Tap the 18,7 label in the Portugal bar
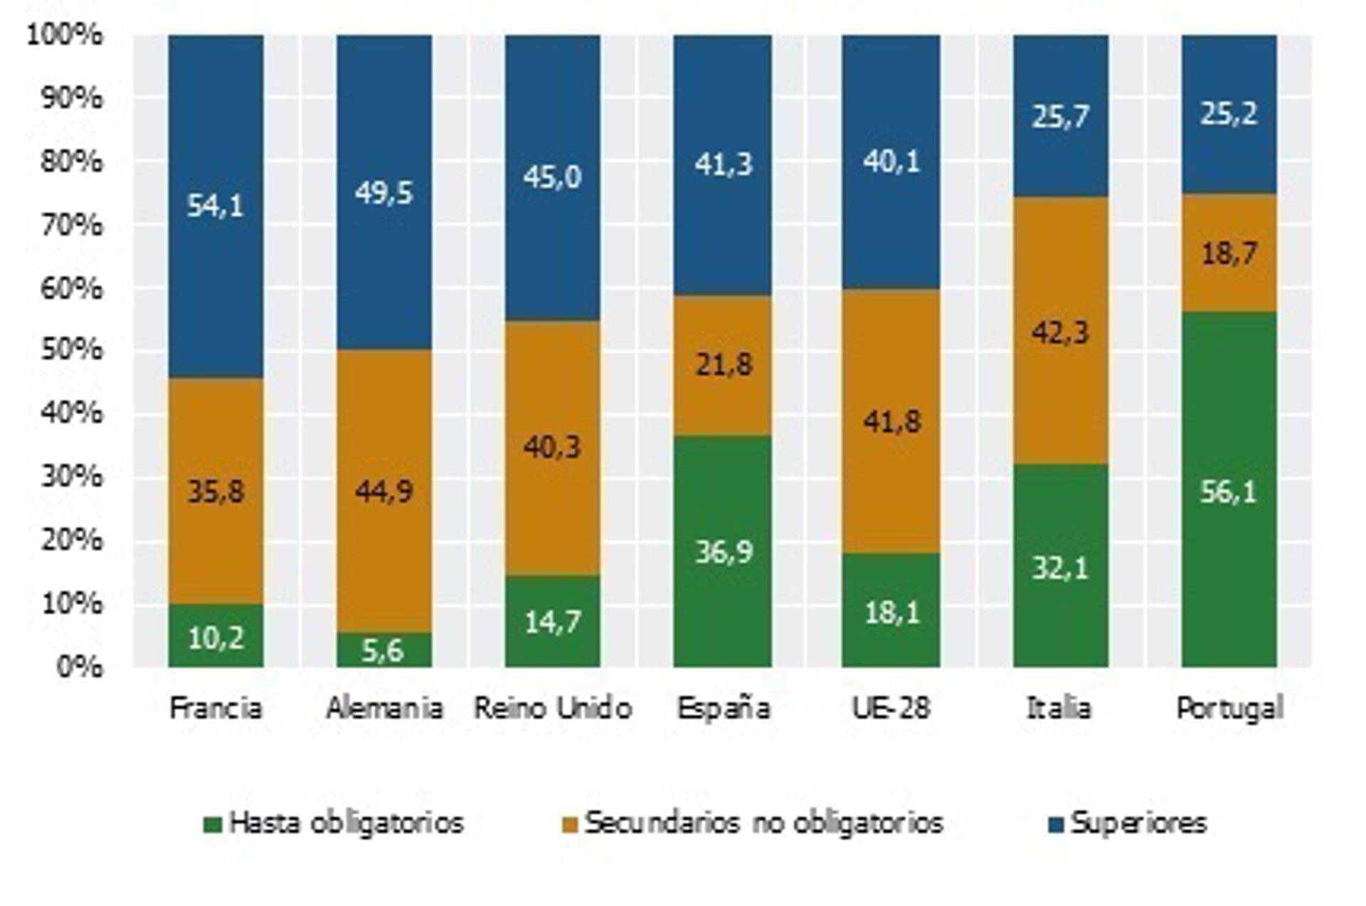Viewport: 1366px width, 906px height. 1229,253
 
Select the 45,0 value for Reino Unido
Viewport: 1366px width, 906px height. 552,177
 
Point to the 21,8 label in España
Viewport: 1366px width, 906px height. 723,364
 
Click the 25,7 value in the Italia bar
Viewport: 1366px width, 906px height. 1060,116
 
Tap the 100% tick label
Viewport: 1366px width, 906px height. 65,35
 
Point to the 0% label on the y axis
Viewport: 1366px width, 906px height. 80,667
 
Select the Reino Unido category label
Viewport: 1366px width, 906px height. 552,708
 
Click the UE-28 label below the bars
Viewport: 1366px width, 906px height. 891,708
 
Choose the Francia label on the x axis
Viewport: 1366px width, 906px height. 216,708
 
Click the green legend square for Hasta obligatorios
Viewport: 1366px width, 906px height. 213,825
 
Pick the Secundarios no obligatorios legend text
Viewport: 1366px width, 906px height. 763,823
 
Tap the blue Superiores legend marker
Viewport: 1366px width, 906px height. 1057,825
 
